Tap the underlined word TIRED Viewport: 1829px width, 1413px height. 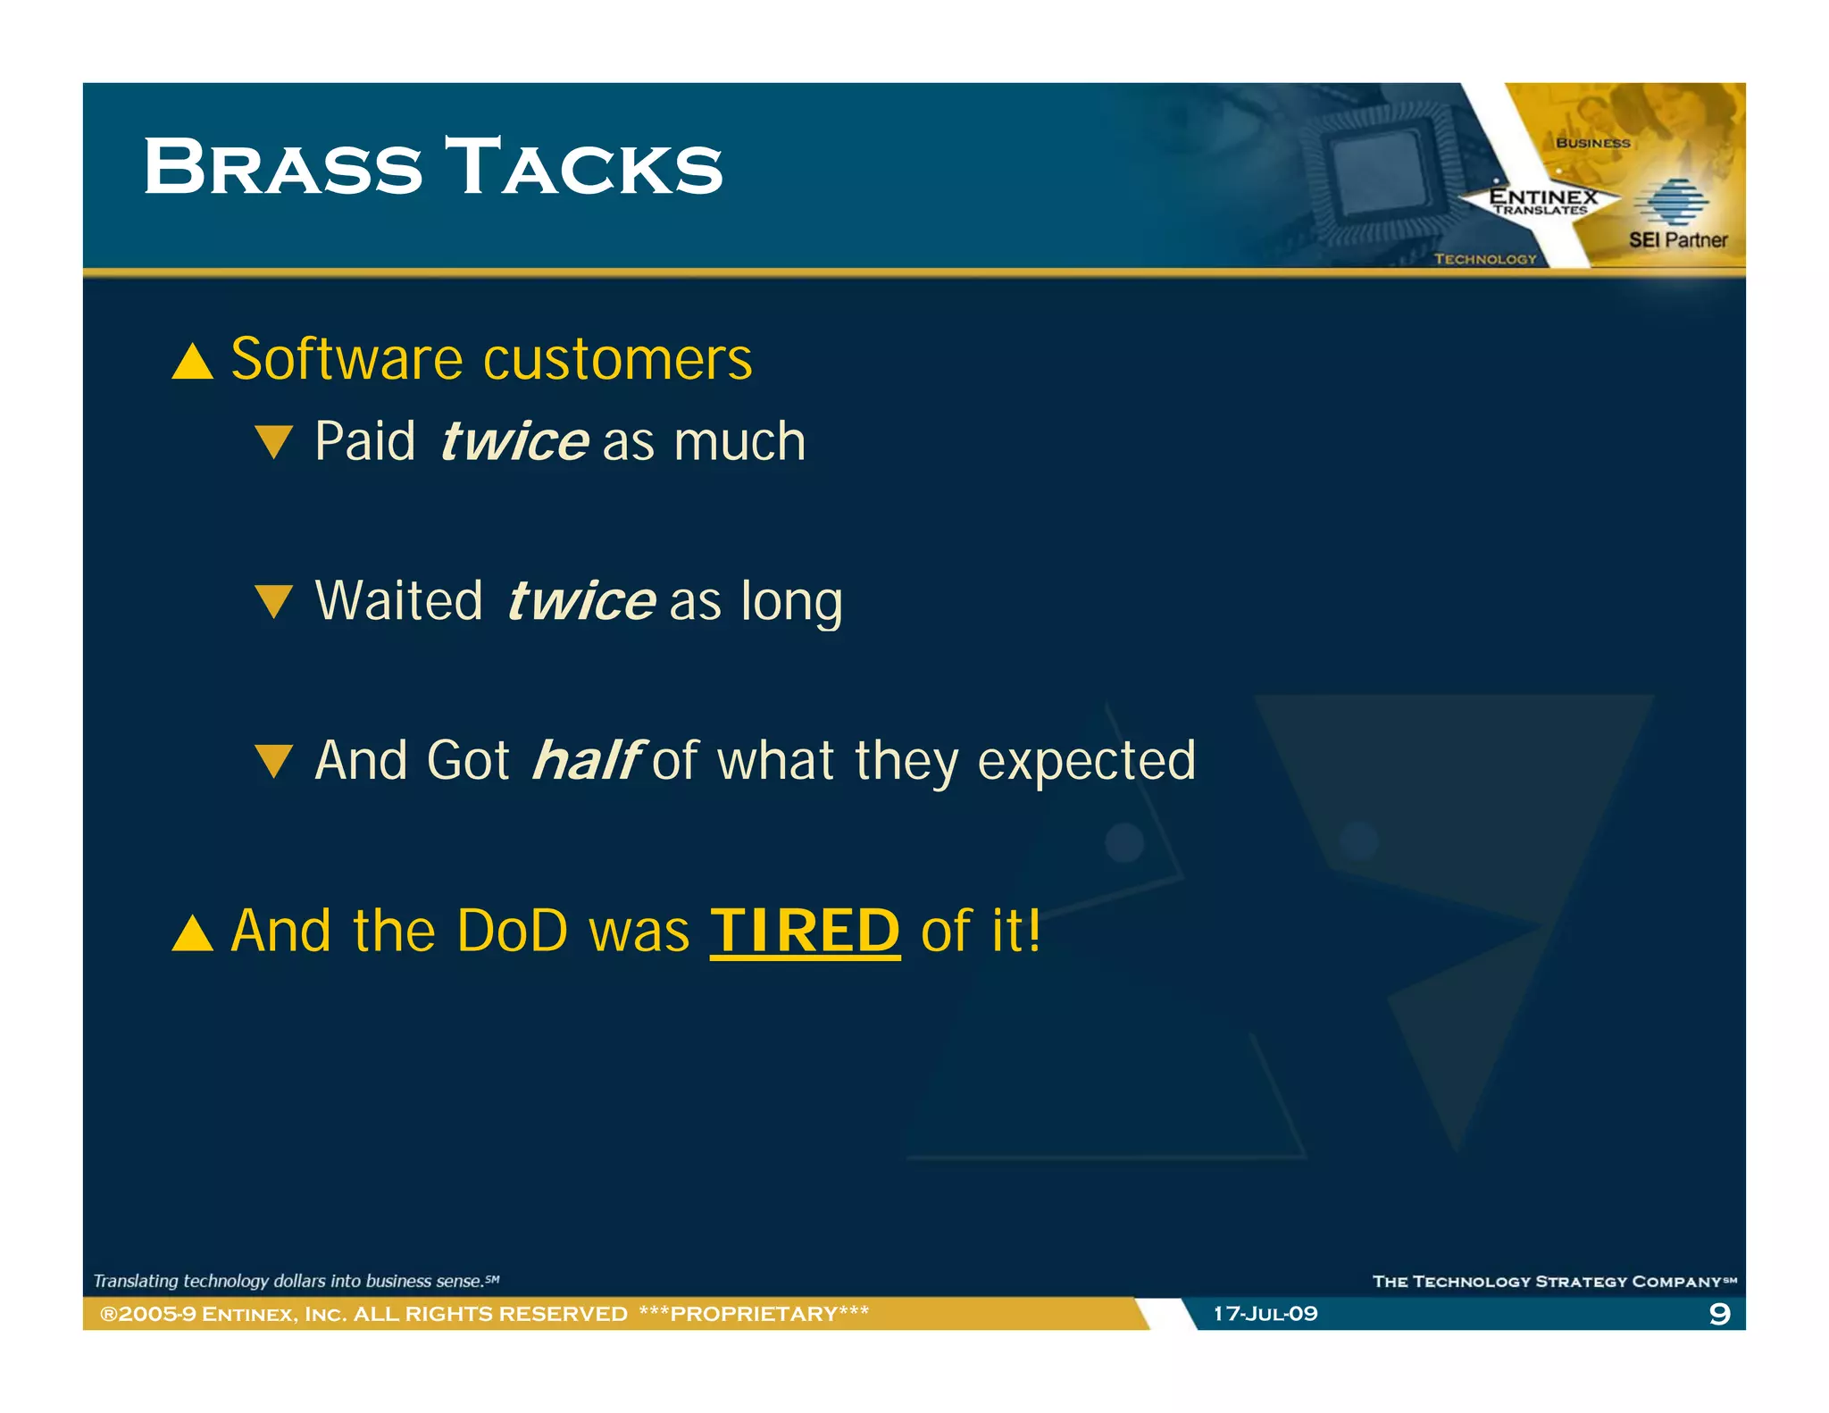tap(805, 931)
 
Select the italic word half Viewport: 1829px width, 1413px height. tap(586, 760)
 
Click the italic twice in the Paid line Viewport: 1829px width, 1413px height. tap(514, 441)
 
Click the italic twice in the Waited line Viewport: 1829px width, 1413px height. tap(581, 600)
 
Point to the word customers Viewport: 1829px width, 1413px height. tap(617, 359)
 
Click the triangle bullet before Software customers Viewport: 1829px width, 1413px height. tap(192, 363)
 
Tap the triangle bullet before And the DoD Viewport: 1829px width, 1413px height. tap(192, 933)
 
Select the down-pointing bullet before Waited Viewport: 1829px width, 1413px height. tap(273, 601)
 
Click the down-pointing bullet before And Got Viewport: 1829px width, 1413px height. tap(273, 761)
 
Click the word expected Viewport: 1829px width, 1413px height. tap(1086, 760)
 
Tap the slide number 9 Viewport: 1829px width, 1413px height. tap(1718, 1313)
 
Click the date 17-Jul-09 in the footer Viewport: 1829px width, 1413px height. tap(1265, 1313)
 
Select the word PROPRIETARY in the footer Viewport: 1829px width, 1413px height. tap(754, 1313)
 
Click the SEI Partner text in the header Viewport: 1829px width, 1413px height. tap(1677, 239)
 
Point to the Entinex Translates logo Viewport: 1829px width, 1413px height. tap(1542, 201)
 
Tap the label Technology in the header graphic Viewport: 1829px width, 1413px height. tap(1484, 259)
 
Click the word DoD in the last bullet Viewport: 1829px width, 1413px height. tap(512, 931)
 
